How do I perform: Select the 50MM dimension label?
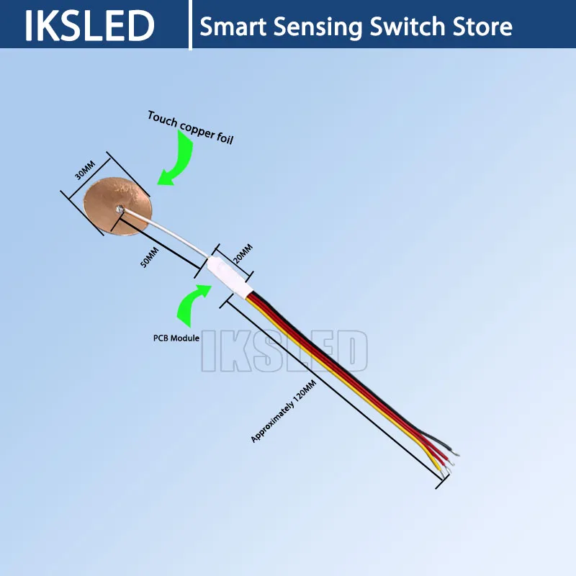149,257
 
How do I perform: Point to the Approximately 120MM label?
284,412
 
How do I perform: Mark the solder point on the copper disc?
119,210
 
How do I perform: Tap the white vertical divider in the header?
191,25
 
